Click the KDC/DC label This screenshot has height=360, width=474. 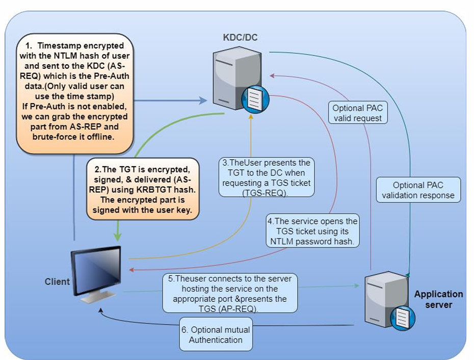pyautogui.click(x=235, y=38)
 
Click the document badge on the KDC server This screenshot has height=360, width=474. pyautogui.click(x=256, y=99)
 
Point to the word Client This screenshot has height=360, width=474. pyautogui.click(x=57, y=281)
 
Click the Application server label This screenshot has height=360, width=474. pyautogui.click(x=438, y=299)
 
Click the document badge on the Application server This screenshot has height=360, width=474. pyautogui.click(x=403, y=319)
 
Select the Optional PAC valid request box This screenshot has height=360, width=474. pyautogui.click(x=357, y=113)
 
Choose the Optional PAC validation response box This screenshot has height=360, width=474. pyautogui.click(x=418, y=190)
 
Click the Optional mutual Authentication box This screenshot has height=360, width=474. pyautogui.click(x=216, y=335)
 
